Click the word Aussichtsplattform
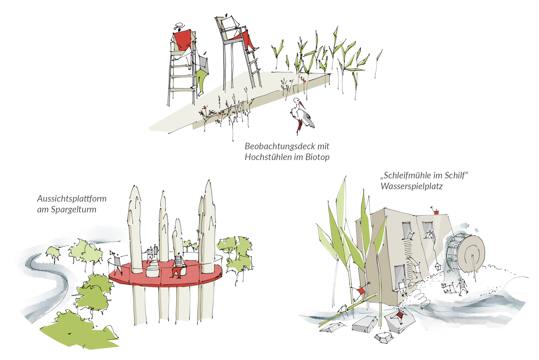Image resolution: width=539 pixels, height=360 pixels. pyautogui.click(x=72, y=199)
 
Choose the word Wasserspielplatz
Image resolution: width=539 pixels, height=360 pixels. pyautogui.click(x=412, y=186)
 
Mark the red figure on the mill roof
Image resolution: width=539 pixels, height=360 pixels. pyautogui.click(x=436, y=212)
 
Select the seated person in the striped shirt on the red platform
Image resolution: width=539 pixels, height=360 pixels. pyautogui.click(x=178, y=266)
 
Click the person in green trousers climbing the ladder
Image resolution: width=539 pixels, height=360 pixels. pyautogui.click(x=201, y=78)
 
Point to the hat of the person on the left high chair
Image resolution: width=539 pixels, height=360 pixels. pyautogui.click(x=179, y=26)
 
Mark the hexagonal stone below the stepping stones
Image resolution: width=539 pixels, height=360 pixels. pyautogui.click(x=383, y=338)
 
